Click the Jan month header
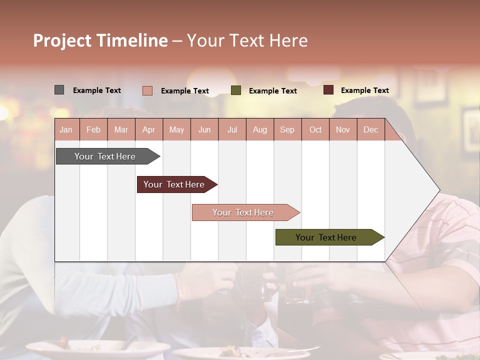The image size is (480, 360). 66,129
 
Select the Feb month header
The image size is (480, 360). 93,129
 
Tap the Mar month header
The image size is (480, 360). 121,129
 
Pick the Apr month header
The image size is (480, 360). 149,129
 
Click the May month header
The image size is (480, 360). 176,129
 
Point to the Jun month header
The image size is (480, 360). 204,129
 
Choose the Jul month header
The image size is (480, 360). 232,129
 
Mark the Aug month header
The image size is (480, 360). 260,129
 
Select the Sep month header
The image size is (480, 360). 287,129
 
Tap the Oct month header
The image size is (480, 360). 315,129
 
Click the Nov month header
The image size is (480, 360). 343,129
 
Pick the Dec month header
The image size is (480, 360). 371,129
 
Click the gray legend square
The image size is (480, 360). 59,90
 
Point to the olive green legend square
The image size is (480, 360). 236,90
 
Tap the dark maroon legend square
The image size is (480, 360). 328,90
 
